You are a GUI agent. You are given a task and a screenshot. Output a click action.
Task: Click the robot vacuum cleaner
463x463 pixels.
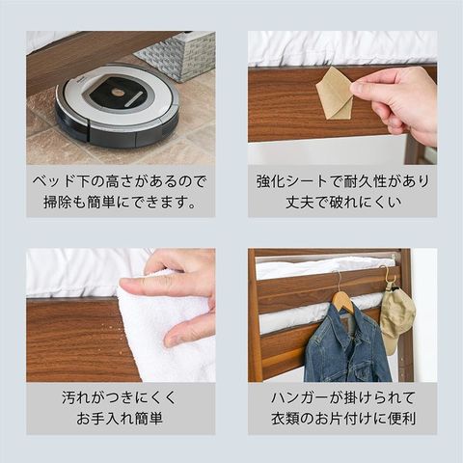(x=118, y=105)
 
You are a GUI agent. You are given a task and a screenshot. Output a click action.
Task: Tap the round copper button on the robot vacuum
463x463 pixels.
(x=117, y=93)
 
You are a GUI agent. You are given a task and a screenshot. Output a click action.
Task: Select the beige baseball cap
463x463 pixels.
(x=397, y=318)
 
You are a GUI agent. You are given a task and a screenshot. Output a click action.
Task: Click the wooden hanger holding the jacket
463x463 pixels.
(x=343, y=298)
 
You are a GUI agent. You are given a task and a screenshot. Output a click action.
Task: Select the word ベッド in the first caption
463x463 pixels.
(x=53, y=181)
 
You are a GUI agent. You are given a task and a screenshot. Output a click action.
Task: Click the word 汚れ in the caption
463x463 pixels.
(x=76, y=398)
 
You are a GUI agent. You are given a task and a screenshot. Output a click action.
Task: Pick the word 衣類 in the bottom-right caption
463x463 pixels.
(x=286, y=419)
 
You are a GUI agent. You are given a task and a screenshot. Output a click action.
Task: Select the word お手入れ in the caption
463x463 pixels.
(x=105, y=419)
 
